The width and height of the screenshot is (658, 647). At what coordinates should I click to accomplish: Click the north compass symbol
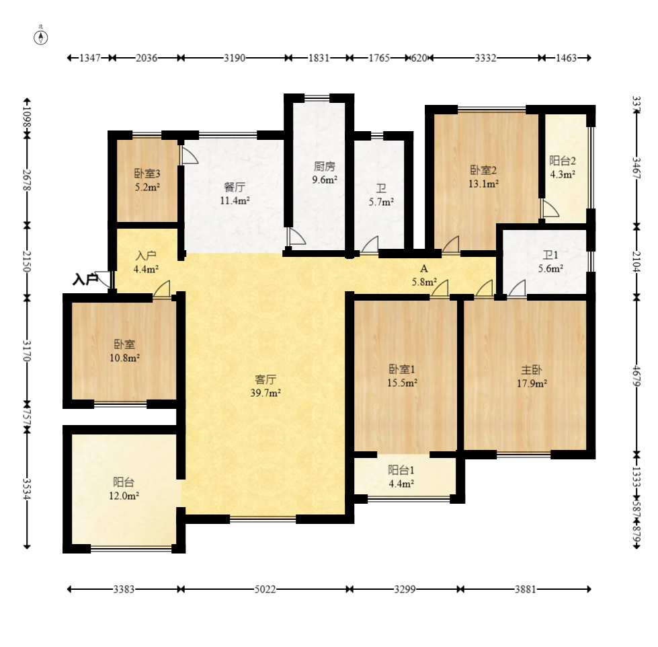(x=41, y=37)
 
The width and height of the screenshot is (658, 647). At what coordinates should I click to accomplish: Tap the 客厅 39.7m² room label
(x=265, y=386)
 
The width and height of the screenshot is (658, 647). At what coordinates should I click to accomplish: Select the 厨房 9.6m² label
(x=325, y=173)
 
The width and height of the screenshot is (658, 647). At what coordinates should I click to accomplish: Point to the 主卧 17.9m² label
(x=531, y=376)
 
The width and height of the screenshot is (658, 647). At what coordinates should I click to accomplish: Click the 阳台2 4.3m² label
(x=563, y=167)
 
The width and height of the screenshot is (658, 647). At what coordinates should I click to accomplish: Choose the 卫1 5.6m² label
(x=550, y=262)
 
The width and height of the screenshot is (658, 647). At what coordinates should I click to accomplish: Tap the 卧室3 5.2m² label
(x=147, y=180)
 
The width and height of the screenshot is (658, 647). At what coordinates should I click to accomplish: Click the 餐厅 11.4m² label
(x=235, y=194)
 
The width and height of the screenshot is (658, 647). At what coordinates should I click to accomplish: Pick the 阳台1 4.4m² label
(x=401, y=477)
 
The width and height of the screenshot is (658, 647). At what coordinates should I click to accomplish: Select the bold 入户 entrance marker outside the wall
(x=85, y=279)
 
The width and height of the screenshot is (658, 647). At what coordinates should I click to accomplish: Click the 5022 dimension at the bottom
(x=265, y=589)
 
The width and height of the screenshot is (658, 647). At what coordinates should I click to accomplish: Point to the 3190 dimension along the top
(x=234, y=58)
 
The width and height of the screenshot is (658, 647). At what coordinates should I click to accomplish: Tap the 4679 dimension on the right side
(x=636, y=376)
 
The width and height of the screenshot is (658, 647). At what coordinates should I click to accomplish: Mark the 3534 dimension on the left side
(x=27, y=489)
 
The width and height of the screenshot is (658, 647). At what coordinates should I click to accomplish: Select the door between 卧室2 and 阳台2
(x=550, y=208)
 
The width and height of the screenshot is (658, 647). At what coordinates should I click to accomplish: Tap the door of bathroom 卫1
(x=517, y=288)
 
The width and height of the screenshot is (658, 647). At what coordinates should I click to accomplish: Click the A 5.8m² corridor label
(x=424, y=275)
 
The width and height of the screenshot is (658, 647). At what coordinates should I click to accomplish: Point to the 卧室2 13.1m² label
(x=483, y=177)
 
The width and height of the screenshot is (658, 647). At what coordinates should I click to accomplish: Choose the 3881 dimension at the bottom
(x=526, y=589)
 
